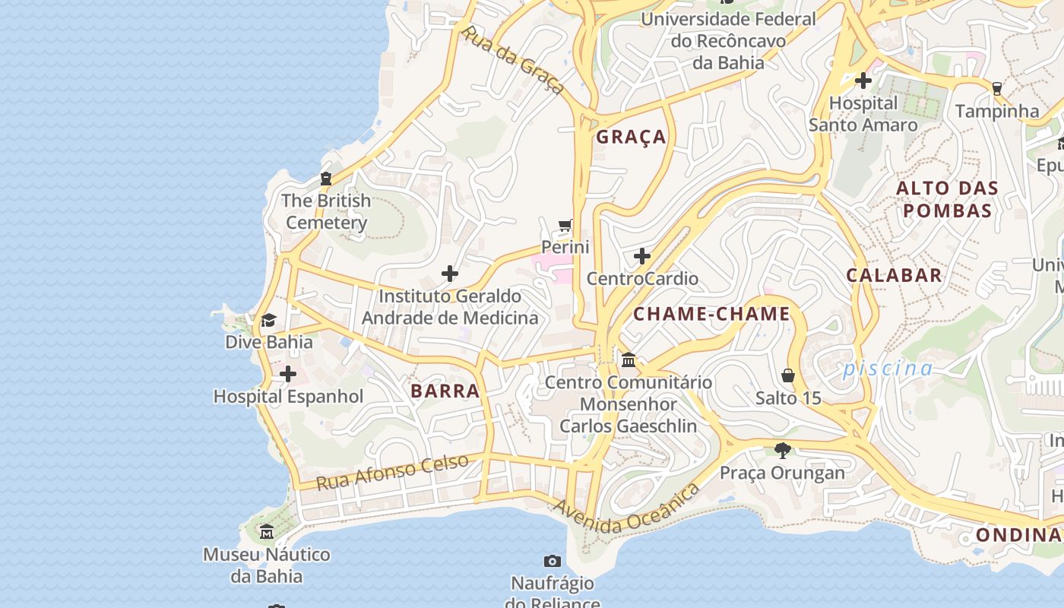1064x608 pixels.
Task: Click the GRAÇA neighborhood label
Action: pyautogui.click(x=631, y=137)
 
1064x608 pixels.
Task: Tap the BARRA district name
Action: pyautogui.click(x=445, y=391)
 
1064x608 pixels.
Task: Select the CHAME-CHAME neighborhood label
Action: pyautogui.click(x=712, y=314)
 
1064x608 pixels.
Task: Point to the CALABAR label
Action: pyautogui.click(x=895, y=275)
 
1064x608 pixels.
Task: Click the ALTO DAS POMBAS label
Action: pyautogui.click(x=947, y=199)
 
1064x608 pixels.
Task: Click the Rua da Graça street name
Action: pyautogui.click(x=513, y=61)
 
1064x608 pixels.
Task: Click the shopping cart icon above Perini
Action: pyautogui.click(x=565, y=226)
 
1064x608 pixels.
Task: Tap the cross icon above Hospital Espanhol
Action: pyautogui.click(x=288, y=374)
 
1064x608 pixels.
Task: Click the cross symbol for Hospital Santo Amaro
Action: pyautogui.click(x=863, y=80)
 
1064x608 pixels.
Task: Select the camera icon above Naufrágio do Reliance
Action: pyautogui.click(x=553, y=562)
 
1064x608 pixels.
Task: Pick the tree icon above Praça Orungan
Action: pyautogui.click(x=782, y=451)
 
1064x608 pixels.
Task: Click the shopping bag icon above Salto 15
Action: pyautogui.click(x=788, y=375)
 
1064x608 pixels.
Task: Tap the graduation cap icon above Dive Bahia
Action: pyautogui.click(x=268, y=320)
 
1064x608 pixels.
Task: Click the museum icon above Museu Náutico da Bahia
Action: pyautogui.click(x=267, y=532)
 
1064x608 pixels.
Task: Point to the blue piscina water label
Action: pyautogui.click(x=888, y=369)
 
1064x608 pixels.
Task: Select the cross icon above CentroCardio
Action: pyautogui.click(x=642, y=256)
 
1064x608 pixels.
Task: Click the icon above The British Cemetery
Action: pyautogui.click(x=326, y=179)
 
